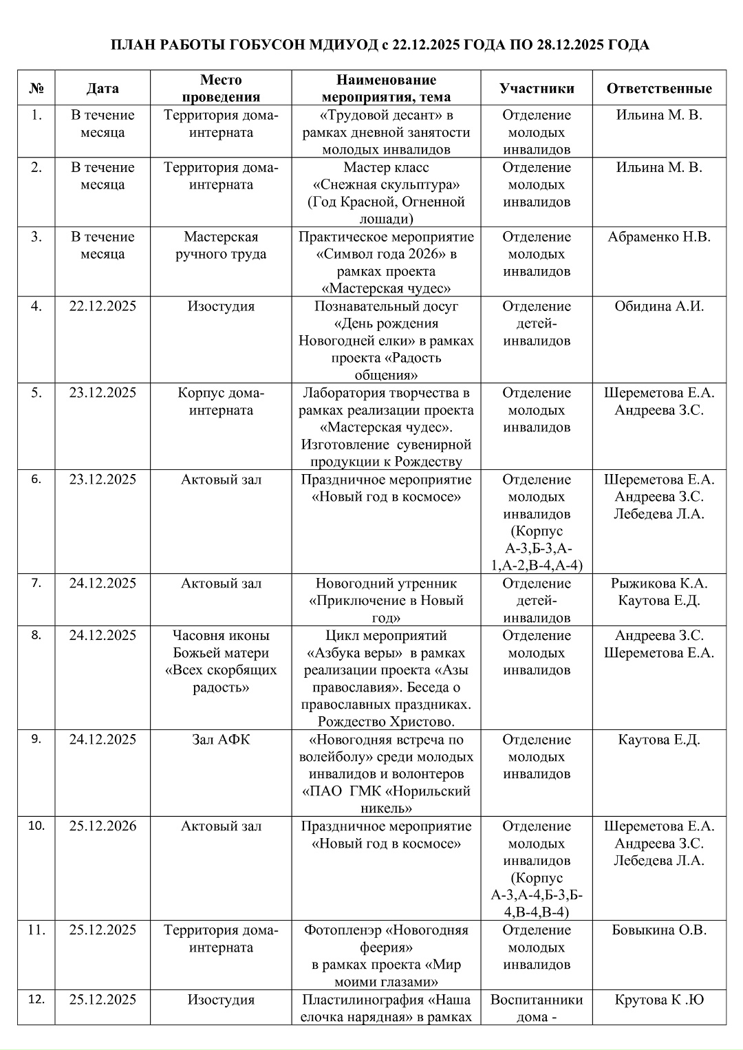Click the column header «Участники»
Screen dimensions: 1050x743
pos(537,88)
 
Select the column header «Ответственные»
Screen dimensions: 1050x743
pos(658,88)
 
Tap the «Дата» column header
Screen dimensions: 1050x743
pos(103,88)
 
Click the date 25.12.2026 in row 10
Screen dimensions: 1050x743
pos(103,826)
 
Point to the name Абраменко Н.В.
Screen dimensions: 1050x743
pos(659,237)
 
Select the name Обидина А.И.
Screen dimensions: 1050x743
pos(659,306)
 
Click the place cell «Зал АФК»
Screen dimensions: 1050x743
pos(221,740)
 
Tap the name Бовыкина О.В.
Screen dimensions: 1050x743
pos(659,930)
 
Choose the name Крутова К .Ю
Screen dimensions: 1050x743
pos(659,1000)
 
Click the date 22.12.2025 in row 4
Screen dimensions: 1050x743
pos(103,306)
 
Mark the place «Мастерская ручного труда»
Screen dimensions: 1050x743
pos(221,246)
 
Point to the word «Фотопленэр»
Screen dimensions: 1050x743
pos(344,930)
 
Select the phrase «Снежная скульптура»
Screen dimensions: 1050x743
pos(386,184)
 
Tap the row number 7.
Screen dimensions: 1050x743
pos(36,583)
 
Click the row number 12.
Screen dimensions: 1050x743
pos(36,1000)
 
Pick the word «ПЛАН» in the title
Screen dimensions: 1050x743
pos(132,45)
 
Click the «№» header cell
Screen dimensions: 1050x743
pos(36,88)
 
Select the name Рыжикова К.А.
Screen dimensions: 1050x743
pos(659,583)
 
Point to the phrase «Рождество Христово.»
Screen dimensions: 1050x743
pos(386,722)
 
